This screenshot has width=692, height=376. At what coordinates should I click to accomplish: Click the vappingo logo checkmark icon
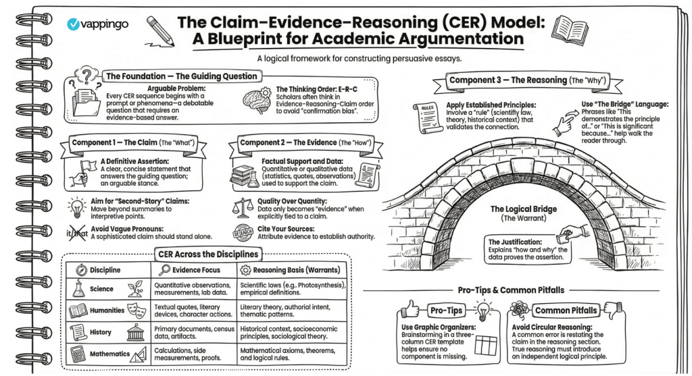point(75,24)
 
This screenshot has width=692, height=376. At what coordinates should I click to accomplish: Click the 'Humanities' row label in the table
point(107,311)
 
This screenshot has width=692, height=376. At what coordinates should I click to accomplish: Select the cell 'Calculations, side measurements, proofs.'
point(189,356)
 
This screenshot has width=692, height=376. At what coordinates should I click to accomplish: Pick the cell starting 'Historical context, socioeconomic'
point(293,333)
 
